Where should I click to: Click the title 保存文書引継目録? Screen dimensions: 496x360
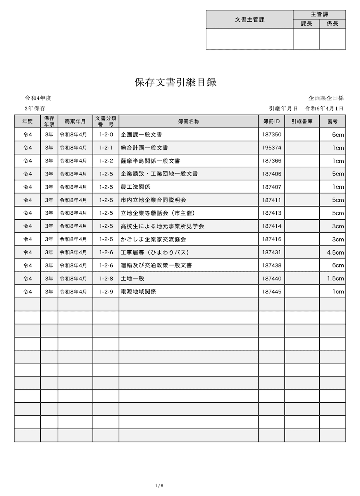(x=175, y=83)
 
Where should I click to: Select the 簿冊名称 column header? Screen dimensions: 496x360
(x=188, y=121)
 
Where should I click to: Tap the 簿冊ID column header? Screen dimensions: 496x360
(x=271, y=121)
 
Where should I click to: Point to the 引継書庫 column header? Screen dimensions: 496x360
(x=302, y=121)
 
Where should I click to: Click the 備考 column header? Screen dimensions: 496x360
(x=332, y=121)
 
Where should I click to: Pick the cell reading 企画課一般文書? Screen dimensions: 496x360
(x=141, y=135)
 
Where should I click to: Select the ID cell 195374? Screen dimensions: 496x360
(x=272, y=148)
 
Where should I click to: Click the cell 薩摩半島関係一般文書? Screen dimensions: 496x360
(x=150, y=161)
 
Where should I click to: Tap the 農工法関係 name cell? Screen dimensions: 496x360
(x=135, y=187)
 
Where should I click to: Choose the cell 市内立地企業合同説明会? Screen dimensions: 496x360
(x=153, y=200)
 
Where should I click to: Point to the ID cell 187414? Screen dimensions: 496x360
(x=272, y=226)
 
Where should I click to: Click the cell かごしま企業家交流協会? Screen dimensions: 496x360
(x=153, y=239)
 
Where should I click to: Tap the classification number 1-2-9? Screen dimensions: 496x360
(x=106, y=291)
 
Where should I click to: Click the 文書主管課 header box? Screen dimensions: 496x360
(x=250, y=19)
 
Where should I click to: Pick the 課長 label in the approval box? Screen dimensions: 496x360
(x=306, y=24)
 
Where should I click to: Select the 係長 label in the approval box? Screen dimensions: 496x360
(x=332, y=24)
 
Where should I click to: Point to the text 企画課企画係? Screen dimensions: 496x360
(x=326, y=98)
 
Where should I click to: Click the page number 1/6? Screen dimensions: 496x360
(x=159, y=486)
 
